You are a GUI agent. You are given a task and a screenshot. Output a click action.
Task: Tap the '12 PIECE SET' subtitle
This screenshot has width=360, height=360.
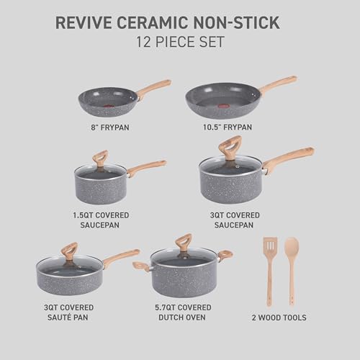pos(180,42)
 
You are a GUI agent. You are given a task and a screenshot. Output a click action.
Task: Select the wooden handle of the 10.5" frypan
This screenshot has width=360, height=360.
pos(279,84)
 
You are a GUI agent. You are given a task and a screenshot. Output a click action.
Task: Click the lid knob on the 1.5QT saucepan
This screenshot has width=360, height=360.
pos(99,158)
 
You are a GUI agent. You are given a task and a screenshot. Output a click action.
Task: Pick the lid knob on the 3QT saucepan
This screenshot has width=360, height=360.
pos(230,147)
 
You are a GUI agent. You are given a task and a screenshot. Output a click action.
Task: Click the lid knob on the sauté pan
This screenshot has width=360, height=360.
pos(69,250)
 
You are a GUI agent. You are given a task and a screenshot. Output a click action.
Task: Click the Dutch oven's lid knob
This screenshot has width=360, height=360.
pos(184,242)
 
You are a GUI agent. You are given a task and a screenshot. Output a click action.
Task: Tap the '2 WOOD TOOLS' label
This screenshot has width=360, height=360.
pos(280,318)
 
